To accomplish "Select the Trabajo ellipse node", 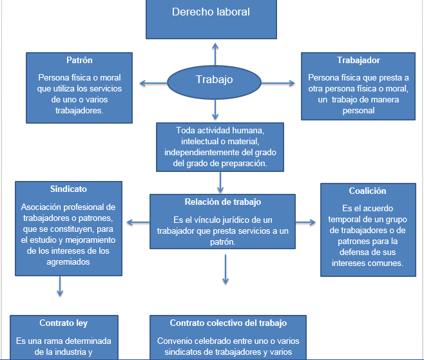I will pyautogui.click(x=214, y=81).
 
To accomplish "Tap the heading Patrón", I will pyautogui.click(x=79, y=61).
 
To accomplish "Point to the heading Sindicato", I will pyautogui.click(x=68, y=189).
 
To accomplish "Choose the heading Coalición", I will pyautogui.click(x=367, y=191).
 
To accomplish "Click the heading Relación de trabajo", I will pyautogui.click(x=222, y=202).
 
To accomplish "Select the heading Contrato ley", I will pyautogui.click(x=63, y=323).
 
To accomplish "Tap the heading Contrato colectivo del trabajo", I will pyautogui.click(x=228, y=323).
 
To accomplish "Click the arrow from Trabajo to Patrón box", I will pyautogui.click(x=153, y=82).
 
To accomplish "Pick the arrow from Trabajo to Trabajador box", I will pyautogui.click(x=277, y=82).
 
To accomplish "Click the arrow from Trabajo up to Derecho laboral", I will pyautogui.click(x=215, y=53).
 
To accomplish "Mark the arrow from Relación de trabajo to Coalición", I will pyautogui.click(x=305, y=223).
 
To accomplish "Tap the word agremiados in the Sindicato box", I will pyautogui.click(x=68, y=262).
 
